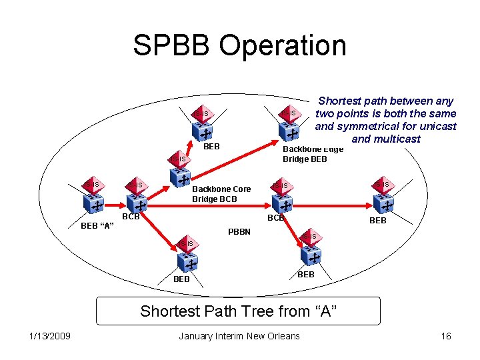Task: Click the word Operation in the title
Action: tap(281, 46)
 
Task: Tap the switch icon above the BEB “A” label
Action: tap(95, 198)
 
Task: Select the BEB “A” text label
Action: tap(97, 226)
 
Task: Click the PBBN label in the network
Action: tap(239, 231)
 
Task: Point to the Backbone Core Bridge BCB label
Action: tap(221, 194)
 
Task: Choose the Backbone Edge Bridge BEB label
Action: tap(313, 154)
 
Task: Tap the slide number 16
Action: tap(446, 336)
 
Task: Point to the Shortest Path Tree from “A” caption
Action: tap(239, 311)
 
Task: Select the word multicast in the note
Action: tap(397, 139)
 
